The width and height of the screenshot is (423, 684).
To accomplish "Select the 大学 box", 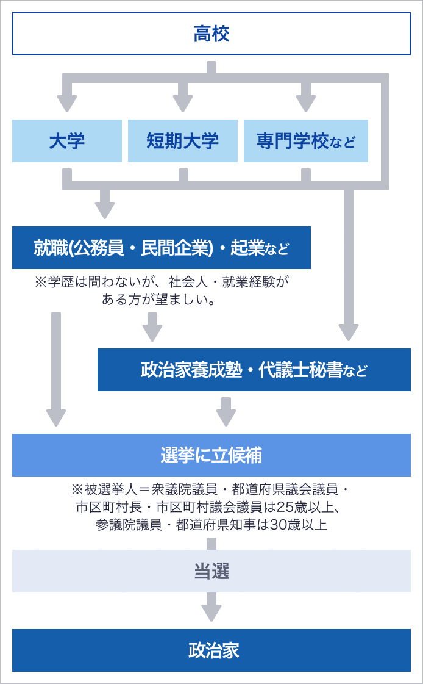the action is point(66,141).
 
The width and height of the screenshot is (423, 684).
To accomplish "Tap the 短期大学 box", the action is point(182,141).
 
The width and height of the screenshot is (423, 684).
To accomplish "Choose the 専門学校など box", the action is point(306,141).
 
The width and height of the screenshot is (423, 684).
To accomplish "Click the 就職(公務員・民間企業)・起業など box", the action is point(161,248).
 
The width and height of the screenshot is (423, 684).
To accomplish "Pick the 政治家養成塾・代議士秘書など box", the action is point(254,370).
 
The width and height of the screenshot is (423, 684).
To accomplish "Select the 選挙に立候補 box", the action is point(211,455).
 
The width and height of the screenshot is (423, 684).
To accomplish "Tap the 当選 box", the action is point(211,571).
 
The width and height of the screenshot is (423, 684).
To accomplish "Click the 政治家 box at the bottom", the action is point(211,650).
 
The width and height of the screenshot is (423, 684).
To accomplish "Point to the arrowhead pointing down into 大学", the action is point(66,104).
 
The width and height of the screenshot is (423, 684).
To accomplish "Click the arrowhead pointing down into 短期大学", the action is point(182,104).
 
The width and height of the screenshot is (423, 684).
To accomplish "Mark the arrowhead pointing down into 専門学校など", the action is point(306,104).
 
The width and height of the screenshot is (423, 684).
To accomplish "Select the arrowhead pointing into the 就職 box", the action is point(105,211).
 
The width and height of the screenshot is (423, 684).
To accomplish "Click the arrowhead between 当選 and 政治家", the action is point(211,613).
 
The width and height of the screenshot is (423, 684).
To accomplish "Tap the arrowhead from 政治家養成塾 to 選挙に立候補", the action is point(226,418).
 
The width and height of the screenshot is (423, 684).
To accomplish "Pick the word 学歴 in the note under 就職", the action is point(61,283).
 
